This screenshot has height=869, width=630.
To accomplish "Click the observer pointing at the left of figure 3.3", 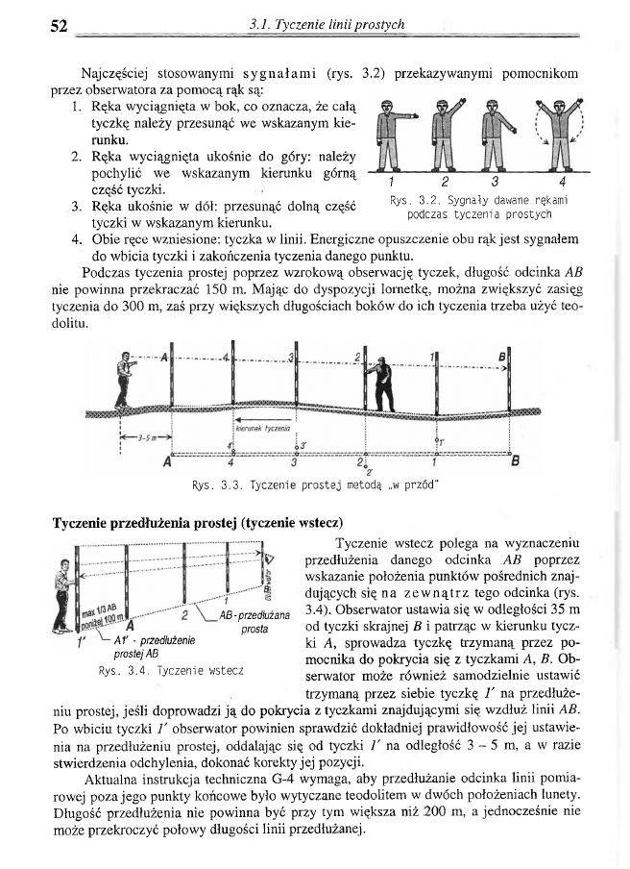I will [123, 381].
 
